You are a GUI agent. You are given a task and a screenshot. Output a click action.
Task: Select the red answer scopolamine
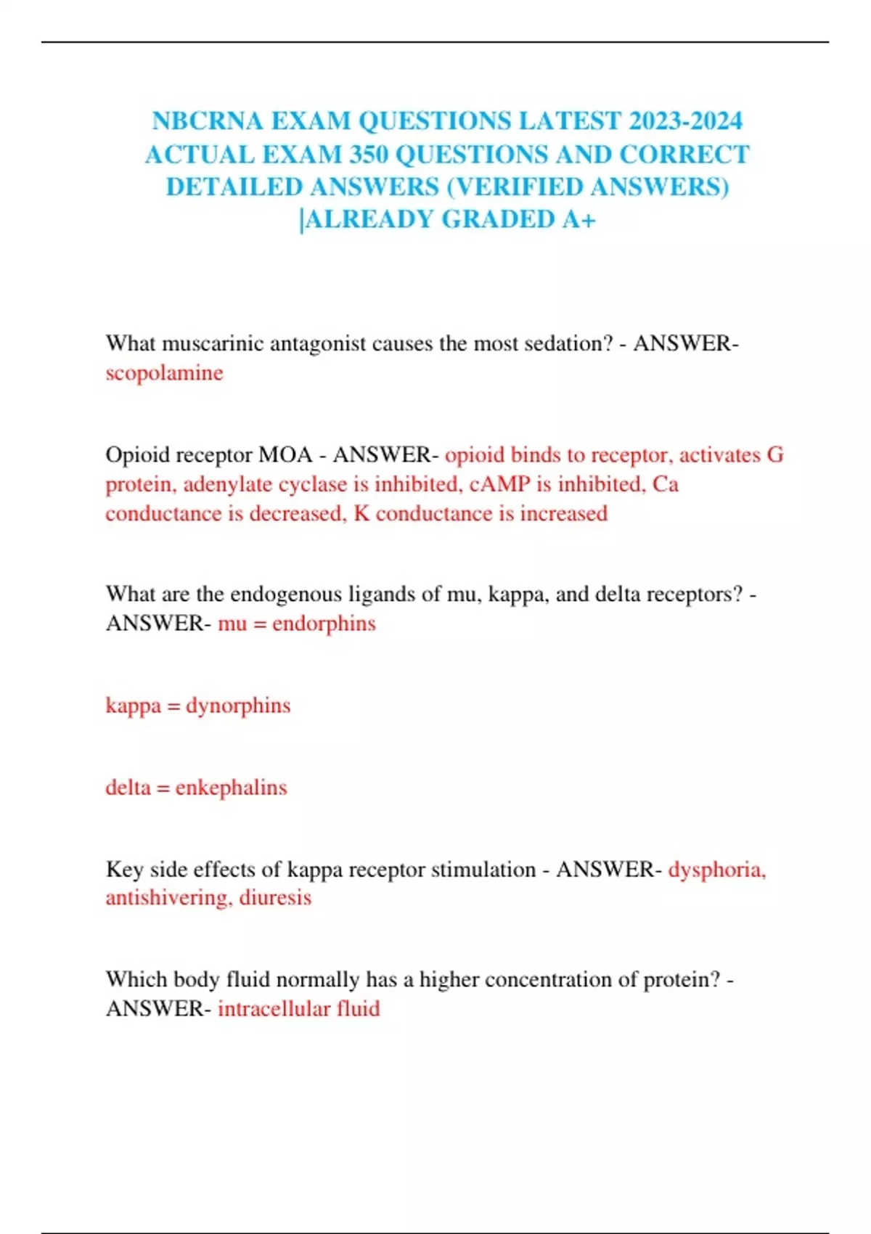coord(164,373)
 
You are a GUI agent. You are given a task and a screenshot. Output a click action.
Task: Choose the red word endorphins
coord(324,624)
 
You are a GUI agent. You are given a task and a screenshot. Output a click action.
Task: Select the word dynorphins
coord(238,706)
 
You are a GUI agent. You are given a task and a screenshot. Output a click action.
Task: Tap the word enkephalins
coord(231,788)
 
